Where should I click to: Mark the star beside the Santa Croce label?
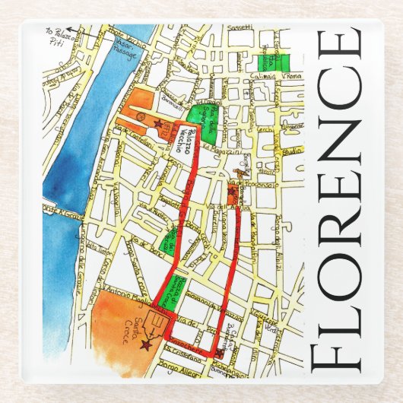point(145,344)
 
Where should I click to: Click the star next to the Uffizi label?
point(159,122)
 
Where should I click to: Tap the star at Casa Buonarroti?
point(221,351)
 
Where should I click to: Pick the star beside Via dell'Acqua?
point(232,193)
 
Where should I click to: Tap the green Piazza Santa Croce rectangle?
point(181,292)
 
